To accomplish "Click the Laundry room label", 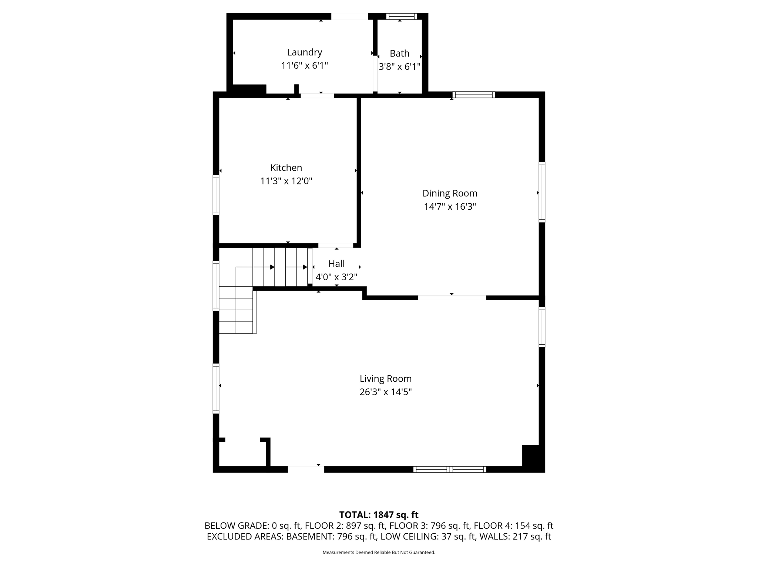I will (304, 52).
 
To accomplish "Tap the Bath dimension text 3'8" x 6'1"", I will (399, 67).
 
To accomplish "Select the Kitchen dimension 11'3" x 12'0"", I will (286, 181).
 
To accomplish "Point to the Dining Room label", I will (450, 193).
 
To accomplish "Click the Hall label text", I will (336, 264).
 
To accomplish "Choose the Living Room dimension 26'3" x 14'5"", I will (385, 392).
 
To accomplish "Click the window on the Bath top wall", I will (402, 16).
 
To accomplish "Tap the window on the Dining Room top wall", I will (473, 95).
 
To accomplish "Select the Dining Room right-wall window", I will (541, 192).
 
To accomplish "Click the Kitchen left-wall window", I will (216, 195).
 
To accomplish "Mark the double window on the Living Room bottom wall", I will (449, 469).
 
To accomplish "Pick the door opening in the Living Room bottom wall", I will (306, 469).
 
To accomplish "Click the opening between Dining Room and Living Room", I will (452, 298).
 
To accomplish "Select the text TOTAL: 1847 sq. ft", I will (379, 515).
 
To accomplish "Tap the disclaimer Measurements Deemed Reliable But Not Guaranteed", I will (379, 552).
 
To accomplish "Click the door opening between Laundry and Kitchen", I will (317, 95).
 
